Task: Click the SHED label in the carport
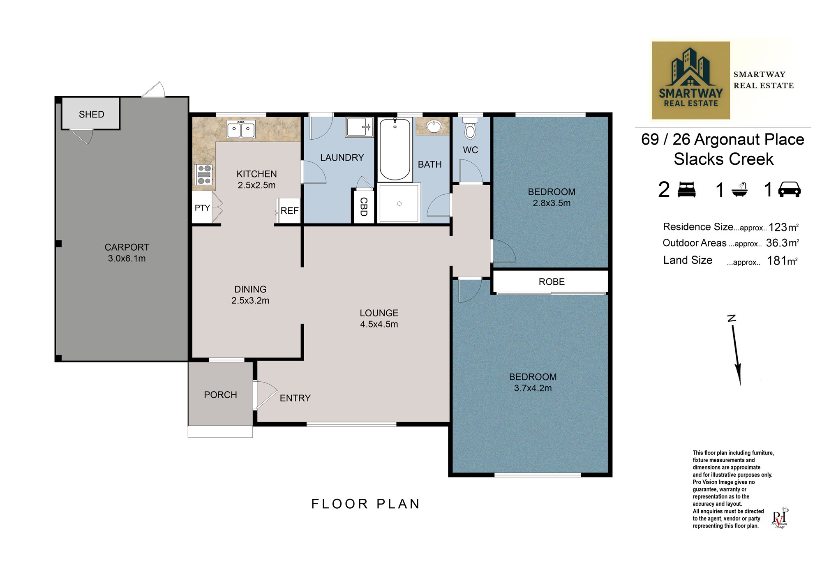tap(91, 114)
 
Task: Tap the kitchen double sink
tap(241, 129)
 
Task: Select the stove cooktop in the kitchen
tap(203, 174)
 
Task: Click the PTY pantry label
tap(202, 208)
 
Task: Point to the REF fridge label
tap(289, 211)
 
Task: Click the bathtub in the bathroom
tap(395, 149)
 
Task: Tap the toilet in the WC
tap(470, 128)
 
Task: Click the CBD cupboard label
tap(363, 207)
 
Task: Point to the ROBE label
tap(552, 282)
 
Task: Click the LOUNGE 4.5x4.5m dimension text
tap(379, 324)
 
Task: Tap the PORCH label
tap(220, 395)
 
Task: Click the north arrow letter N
tap(731, 318)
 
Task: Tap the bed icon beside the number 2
tap(686, 190)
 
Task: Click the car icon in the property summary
tap(789, 189)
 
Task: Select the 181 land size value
tap(776, 261)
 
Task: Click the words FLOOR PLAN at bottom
tap(365, 504)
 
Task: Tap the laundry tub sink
tap(359, 127)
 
